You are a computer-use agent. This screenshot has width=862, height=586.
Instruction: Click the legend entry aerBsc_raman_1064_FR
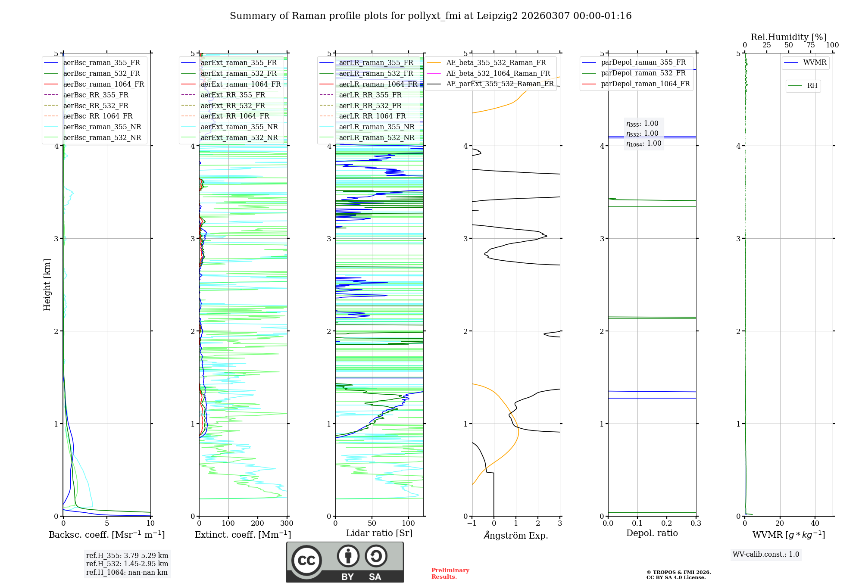103,84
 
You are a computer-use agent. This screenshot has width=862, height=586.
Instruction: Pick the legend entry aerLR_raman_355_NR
376,127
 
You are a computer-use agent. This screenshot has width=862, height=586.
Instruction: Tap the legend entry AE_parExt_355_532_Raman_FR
500,84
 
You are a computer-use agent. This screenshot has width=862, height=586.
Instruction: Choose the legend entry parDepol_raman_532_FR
643,73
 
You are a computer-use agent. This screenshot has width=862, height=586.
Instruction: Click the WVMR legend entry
815,62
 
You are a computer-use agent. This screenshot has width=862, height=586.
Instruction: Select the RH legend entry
812,86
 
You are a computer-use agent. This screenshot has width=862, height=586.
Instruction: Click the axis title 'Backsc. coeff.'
106,535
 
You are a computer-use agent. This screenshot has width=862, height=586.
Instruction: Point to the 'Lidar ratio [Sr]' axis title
379,533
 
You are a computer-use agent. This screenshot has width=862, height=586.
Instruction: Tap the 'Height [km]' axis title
47,284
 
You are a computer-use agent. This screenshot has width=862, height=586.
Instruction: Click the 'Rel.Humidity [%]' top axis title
788,37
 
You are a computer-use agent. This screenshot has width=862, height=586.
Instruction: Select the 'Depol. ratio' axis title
652,533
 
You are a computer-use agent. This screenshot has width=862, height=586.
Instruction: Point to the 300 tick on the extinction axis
287,524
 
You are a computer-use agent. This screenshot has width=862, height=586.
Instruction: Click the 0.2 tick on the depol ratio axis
666,524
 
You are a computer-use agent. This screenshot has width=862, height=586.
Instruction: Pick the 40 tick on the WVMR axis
815,524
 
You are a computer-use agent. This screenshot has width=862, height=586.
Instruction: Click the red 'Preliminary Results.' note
450,574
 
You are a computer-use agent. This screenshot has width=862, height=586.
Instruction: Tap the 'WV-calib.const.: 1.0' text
765,555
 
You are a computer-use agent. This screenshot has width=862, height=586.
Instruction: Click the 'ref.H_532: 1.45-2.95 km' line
127,564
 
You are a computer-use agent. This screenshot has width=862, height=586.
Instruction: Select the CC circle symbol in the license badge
306,561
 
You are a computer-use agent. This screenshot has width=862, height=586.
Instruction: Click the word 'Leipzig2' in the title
497,16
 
